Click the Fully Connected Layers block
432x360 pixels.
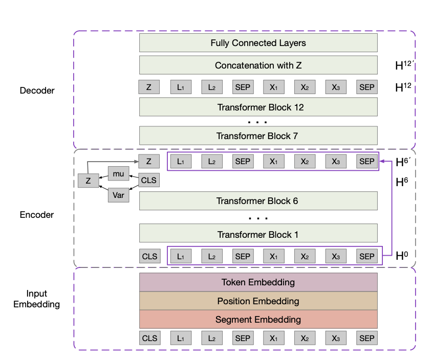click(x=258, y=43)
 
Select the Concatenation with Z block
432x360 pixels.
click(x=258, y=65)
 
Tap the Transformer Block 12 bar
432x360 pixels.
click(x=258, y=107)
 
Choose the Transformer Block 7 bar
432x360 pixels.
click(x=258, y=136)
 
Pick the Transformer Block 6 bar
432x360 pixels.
click(x=258, y=201)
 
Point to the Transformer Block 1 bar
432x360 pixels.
click(x=258, y=235)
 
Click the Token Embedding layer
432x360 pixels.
click(x=258, y=282)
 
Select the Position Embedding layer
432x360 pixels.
click(x=258, y=301)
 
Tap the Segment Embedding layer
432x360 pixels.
click(x=258, y=320)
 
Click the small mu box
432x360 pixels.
click(x=118, y=174)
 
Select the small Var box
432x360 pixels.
click(x=118, y=195)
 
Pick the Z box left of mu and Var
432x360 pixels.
click(x=88, y=181)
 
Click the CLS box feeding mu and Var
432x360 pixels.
click(x=149, y=181)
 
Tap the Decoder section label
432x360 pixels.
click(x=37, y=91)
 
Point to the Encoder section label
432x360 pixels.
click(x=37, y=215)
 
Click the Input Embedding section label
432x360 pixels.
click(x=37, y=299)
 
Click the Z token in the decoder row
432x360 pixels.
click(x=149, y=87)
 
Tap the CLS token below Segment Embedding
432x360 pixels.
click(x=149, y=338)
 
